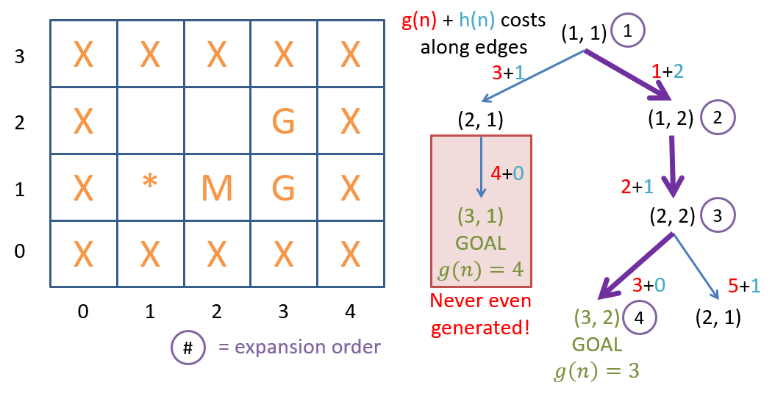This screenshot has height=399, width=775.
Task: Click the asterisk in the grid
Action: (150, 181)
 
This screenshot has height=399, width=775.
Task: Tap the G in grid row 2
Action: (284, 121)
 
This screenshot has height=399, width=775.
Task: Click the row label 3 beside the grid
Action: (20, 56)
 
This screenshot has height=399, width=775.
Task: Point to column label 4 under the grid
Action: (350, 312)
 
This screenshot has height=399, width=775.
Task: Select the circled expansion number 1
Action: (627, 32)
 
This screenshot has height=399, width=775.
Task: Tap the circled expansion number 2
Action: (718, 117)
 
